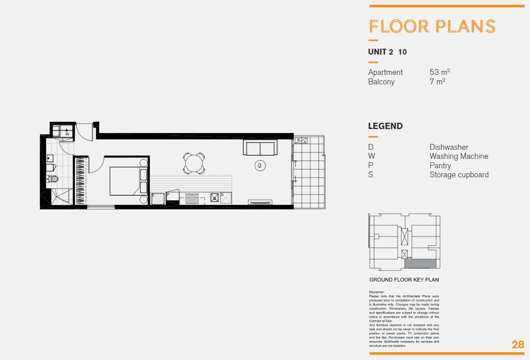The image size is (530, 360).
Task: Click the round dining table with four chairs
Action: [194, 163]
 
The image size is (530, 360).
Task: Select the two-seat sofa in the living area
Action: [260, 148]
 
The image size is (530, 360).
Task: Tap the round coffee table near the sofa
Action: [260, 166]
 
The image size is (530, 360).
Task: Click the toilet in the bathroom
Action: [53, 179]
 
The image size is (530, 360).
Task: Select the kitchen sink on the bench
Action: [214, 197]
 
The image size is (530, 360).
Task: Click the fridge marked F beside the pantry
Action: [158, 198]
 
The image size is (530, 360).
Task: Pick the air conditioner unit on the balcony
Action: [302, 141]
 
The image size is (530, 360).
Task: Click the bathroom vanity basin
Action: [50, 158]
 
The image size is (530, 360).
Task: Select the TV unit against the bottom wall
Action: [260, 203]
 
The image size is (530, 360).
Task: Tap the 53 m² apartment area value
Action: [440, 72]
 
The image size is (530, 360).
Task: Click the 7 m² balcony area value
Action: [437, 82]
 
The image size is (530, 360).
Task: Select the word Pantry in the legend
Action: [440, 166]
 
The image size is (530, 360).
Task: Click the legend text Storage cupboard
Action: [459, 175]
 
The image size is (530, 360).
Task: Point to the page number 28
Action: [518, 345]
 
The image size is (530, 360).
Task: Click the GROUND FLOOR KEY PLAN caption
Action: [404, 280]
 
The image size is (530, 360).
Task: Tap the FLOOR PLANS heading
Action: [432, 26]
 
